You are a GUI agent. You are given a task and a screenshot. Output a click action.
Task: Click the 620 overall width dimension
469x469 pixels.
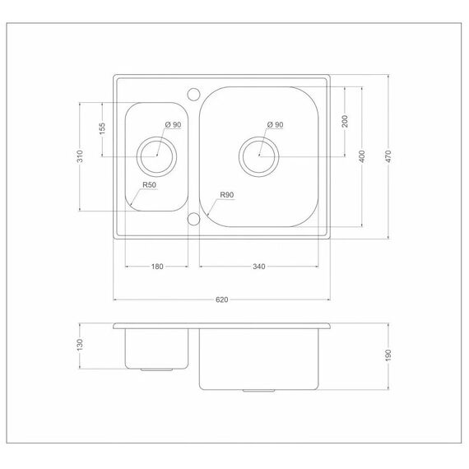click(221, 300)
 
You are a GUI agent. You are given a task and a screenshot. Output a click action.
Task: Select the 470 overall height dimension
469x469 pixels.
click(388, 156)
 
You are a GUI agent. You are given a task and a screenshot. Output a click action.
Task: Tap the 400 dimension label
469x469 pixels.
click(362, 156)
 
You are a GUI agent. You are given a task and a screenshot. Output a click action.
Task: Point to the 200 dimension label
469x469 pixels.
click(345, 121)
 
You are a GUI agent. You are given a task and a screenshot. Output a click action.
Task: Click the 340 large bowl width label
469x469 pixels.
click(258, 267)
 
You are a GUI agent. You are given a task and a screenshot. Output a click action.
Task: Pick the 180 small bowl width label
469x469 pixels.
click(157, 267)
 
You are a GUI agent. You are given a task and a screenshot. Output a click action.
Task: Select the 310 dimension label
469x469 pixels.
click(80, 156)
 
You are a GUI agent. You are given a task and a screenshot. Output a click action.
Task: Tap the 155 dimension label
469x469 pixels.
click(102, 128)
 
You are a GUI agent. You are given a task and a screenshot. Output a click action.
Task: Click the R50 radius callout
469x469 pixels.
click(149, 185)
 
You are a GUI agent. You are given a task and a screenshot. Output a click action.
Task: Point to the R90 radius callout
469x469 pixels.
click(227, 195)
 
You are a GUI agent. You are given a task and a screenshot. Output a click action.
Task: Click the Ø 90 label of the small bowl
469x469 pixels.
click(173, 124)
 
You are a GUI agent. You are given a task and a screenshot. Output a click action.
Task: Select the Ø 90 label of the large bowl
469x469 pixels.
click(275, 124)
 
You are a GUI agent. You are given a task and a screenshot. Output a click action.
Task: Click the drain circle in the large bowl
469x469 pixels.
click(258, 137)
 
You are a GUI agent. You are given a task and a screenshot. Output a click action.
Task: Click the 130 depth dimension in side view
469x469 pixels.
click(80, 345)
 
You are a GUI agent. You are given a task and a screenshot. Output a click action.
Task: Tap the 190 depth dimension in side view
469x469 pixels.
click(388, 355)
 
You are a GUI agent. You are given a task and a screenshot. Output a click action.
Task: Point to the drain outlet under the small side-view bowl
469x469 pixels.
click(156, 370)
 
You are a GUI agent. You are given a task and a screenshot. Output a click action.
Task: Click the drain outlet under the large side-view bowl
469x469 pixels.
click(258, 391)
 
